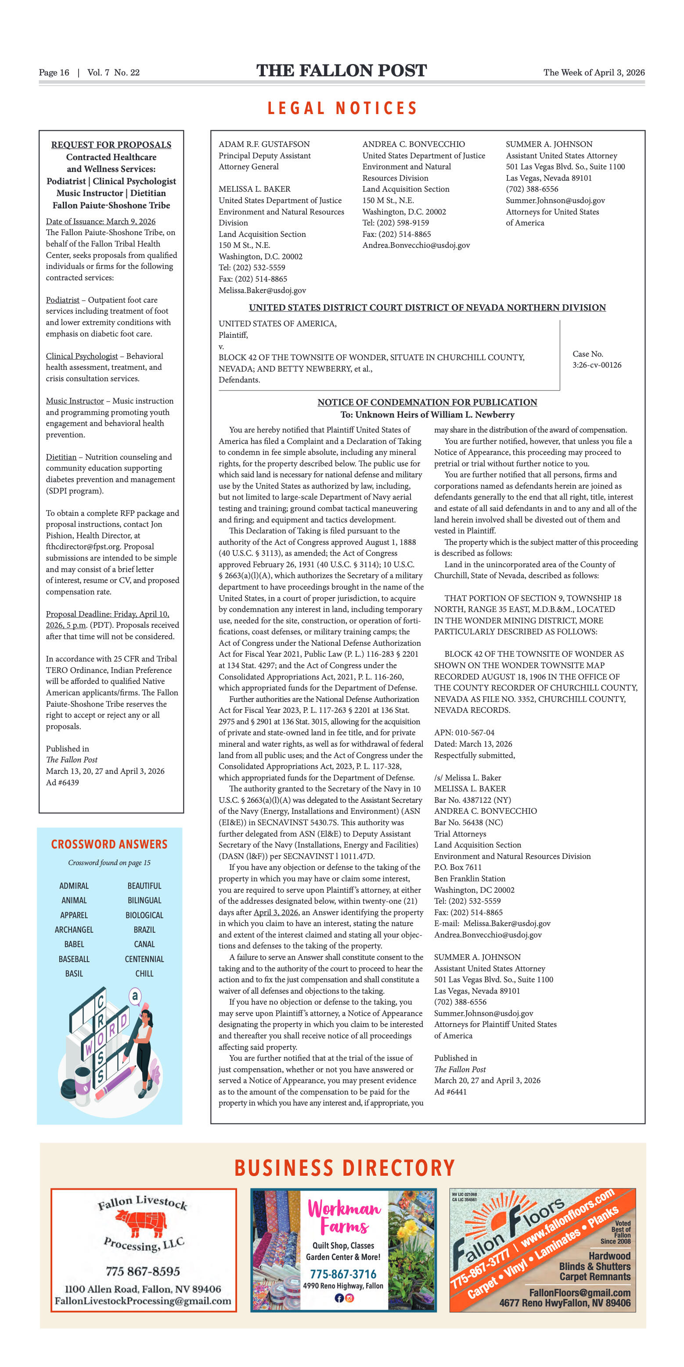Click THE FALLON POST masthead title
[x=342, y=71]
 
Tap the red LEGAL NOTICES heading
[x=342, y=108]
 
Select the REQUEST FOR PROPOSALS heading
[x=111, y=145]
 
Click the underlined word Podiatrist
[x=63, y=300]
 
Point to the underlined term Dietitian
[x=61, y=457]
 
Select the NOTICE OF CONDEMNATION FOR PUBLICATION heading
[x=427, y=402]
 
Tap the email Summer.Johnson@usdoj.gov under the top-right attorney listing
[x=555, y=200]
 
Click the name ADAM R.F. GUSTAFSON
[x=264, y=144]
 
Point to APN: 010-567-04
[x=464, y=733]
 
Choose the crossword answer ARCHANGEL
[x=74, y=930]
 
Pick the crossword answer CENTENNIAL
[x=144, y=959]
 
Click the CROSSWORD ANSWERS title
[x=109, y=845]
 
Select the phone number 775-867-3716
[x=343, y=1274]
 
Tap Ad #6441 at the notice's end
[x=450, y=1091]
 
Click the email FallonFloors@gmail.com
[x=580, y=1293]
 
